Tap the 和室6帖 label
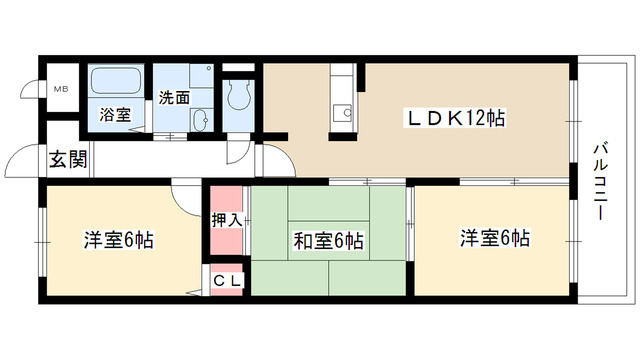point(329,240)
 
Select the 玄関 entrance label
point(68,158)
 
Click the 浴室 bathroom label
point(114,115)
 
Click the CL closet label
point(228,281)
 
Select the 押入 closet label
point(225,219)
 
